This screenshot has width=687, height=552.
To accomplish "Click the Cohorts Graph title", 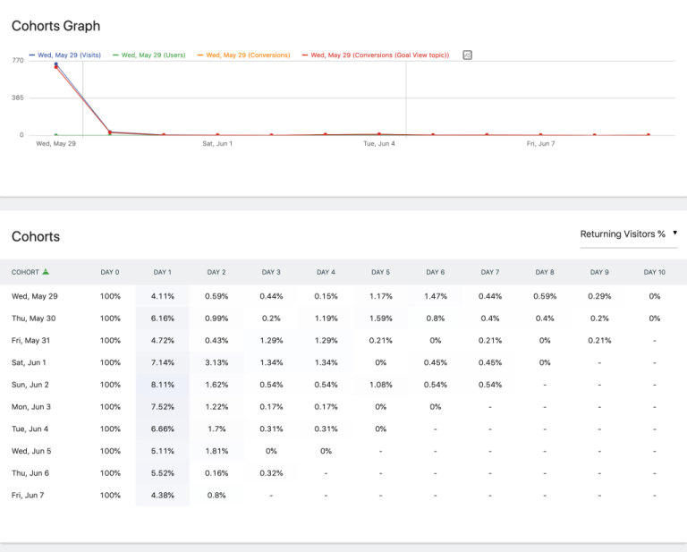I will coord(55,27).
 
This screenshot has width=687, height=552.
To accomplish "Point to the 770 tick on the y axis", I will coord(18,60).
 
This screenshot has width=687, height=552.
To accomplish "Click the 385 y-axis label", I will coord(18,98).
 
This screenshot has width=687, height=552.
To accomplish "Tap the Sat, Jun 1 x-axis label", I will coord(217,143).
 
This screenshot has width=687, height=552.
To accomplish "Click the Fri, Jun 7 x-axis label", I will coord(541,143).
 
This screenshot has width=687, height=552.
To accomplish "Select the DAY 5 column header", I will coord(380,272).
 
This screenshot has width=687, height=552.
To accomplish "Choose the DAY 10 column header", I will coord(654,272).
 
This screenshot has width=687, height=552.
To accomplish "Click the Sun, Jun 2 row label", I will coord(31,385).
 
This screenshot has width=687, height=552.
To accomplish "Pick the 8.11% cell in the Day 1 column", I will coord(162,385).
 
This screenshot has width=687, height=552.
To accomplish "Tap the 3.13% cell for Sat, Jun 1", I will coord(216,362).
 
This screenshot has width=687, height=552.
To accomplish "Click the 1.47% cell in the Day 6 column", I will coord(435,296).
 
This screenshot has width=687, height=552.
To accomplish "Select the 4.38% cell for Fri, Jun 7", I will coord(162,495).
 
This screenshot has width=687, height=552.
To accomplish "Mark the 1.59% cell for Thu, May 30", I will coord(380,318).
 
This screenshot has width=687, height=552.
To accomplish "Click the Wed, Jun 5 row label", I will coord(31,451).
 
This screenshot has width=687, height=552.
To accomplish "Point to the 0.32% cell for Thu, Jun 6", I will coord(271,473).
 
